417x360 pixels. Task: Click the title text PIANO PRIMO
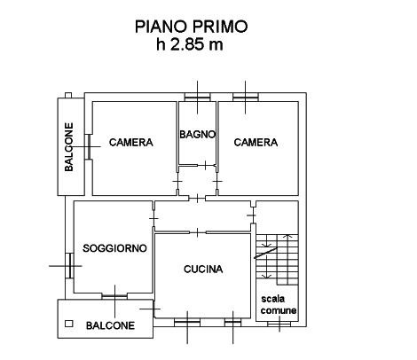coord(191,27)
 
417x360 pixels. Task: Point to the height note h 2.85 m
coord(190,44)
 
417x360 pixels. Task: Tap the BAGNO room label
coord(197,135)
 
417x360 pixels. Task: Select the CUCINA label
coord(203,269)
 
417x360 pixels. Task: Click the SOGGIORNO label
coord(114,248)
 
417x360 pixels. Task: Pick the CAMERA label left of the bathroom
coord(131,143)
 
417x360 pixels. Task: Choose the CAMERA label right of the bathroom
coord(256,143)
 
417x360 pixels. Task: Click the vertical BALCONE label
coord(69,147)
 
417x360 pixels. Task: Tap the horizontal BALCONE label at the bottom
coord(110,325)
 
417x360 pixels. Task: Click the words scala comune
coord(279,304)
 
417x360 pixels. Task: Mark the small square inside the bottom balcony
coord(69,324)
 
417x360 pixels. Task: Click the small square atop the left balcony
coord(68,95)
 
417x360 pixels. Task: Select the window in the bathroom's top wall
coord(197,98)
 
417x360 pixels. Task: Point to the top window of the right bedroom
coord(245,98)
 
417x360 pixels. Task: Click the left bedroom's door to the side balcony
coord(89,146)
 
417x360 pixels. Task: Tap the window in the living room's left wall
coord(70,265)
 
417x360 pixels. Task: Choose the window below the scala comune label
coord(279,325)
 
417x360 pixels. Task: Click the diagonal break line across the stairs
coord(265,253)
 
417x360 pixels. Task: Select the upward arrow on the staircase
coord(287,260)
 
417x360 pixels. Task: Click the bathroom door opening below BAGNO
coord(206,166)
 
